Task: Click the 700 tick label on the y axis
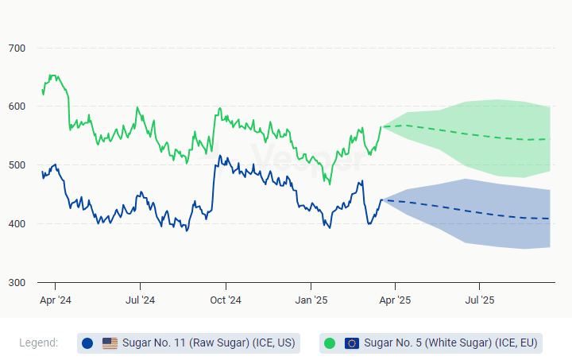pos(17,48)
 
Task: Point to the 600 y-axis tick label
pos(17,106)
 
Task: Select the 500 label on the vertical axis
pos(17,165)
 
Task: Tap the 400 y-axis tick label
pos(17,224)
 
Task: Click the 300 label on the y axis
pos(17,283)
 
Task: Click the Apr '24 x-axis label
pos(55,300)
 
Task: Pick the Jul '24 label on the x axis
pos(140,300)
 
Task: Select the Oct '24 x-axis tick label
pos(226,300)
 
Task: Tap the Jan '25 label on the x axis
pos(311,300)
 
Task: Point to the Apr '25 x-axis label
pos(395,300)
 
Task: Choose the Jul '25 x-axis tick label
pos(479,300)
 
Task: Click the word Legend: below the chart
pos(38,343)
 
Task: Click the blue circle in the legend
pos(87,343)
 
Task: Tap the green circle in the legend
pos(330,343)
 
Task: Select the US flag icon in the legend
pos(110,343)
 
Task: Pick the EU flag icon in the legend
pos(352,343)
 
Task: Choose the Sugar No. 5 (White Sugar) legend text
pos(450,343)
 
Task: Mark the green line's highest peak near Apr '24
pos(52,75)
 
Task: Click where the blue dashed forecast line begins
pos(382,199)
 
